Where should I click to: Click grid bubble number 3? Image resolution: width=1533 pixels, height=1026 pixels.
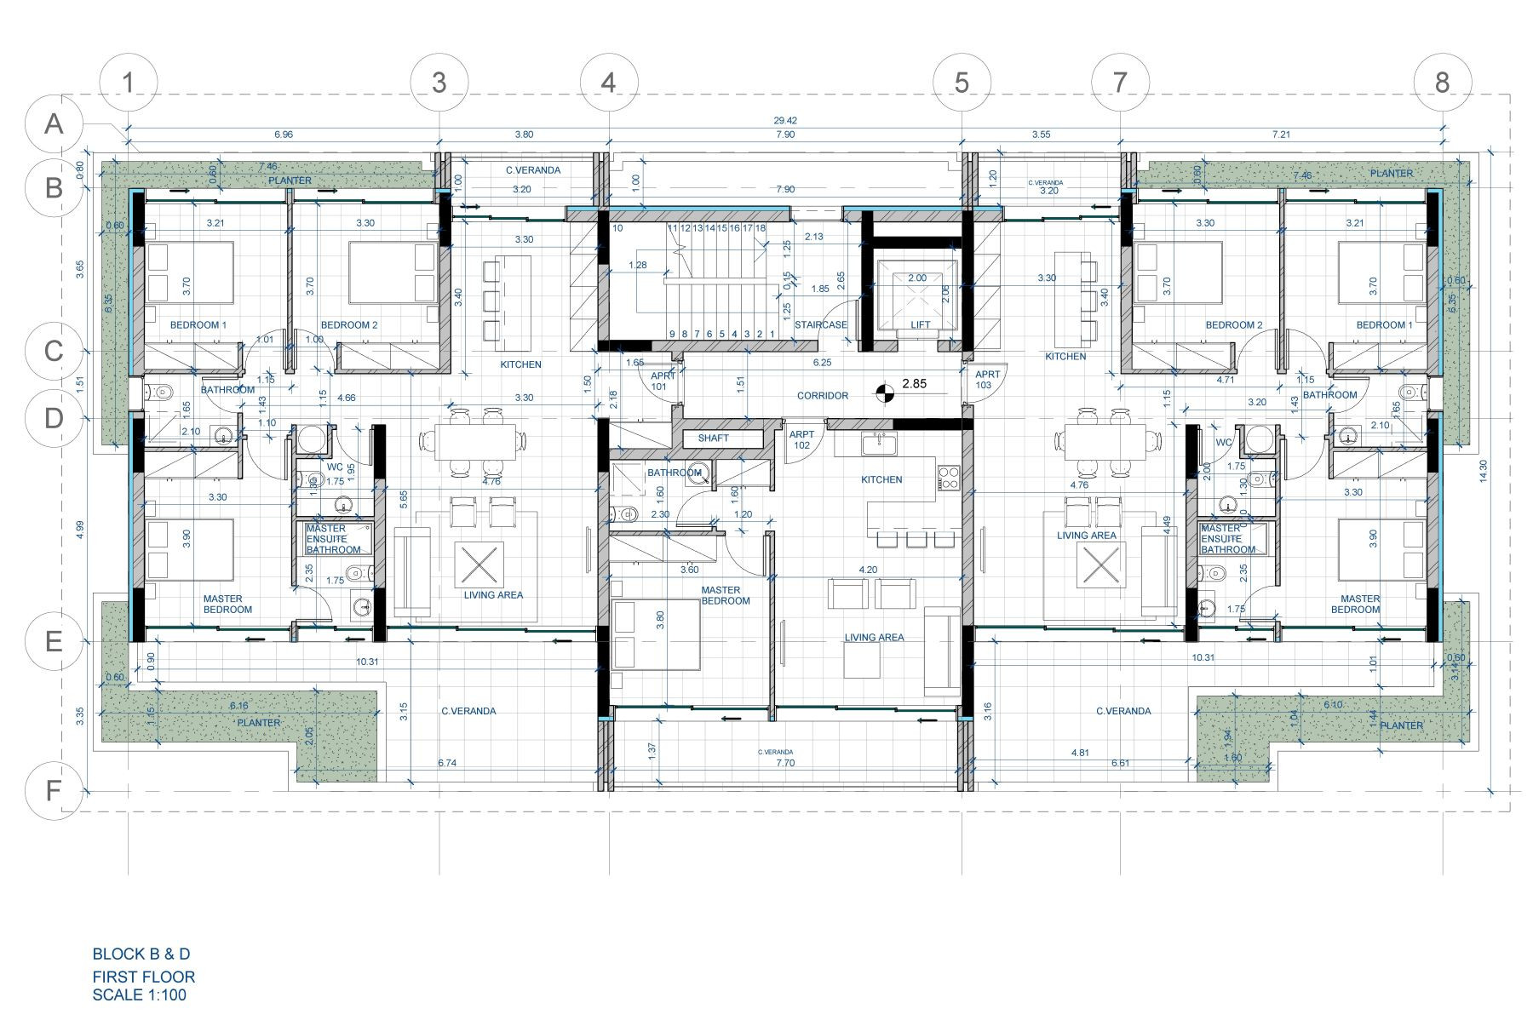(439, 83)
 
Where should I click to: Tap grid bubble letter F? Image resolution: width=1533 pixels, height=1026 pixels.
(54, 791)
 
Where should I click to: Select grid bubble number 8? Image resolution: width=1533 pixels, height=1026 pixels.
(1442, 83)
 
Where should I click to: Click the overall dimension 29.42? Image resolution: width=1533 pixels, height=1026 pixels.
(786, 121)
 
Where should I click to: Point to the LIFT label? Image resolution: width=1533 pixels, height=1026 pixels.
(921, 324)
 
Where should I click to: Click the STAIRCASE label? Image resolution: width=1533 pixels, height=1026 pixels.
(820, 324)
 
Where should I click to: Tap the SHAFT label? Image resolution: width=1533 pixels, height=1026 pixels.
(713, 438)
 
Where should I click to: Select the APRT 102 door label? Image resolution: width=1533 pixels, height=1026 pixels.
(801, 439)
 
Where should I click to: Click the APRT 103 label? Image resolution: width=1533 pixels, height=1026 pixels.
(988, 379)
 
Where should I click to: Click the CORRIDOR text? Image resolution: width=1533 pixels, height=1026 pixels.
(822, 395)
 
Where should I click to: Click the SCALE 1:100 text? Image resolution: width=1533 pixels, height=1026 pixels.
(139, 994)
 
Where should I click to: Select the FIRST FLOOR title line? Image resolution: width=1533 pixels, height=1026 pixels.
(143, 977)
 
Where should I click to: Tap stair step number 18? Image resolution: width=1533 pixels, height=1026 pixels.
(760, 228)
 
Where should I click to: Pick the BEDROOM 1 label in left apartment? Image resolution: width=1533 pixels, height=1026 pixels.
(198, 324)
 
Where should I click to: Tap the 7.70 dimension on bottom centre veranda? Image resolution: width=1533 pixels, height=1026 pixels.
(784, 763)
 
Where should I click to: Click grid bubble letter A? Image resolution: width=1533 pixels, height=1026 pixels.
(54, 124)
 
